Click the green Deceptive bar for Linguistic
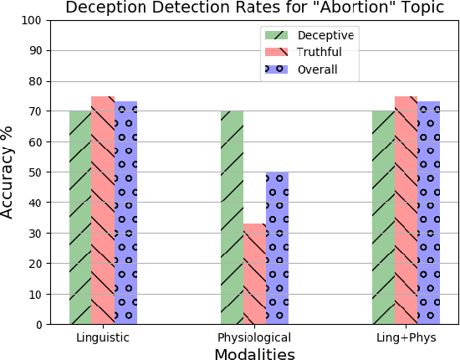tap(80, 218)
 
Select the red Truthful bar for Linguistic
tap(103, 210)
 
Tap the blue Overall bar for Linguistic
tap(125, 213)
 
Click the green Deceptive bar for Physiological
tap(232, 218)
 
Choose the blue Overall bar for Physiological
tap(277, 248)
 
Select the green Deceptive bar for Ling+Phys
tap(383, 218)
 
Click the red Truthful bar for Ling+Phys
tap(406, 210)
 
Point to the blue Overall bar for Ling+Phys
tap(428, 213)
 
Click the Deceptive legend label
tap(325, 34)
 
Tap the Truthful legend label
tap(319, 52)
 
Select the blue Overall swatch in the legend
tap(276, 69)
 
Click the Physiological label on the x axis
tap(254, 337)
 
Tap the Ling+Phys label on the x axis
tap(406, 337)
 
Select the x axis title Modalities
tap(254, 354)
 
